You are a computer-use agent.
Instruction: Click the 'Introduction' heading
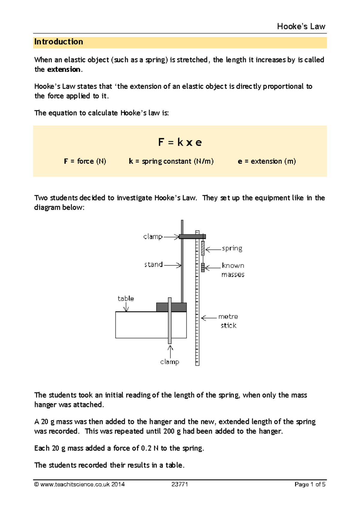[58, 42]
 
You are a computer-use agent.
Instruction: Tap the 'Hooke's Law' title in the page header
[301, 27]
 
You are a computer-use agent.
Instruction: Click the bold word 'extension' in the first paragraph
[64, 69]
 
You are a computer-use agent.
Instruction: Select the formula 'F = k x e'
[180, 142]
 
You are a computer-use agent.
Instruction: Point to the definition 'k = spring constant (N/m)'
[171, 161]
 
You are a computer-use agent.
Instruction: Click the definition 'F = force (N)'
[85, 161]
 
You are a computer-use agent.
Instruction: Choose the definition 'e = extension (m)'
[267, 161]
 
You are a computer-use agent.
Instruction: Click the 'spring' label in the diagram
[232, 248]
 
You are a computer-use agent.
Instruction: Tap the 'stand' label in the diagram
[154, 264]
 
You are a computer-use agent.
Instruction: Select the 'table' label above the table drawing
[126, 299]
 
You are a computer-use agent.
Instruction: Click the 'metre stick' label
[228, 321]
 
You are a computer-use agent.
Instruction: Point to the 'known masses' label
[233, 270]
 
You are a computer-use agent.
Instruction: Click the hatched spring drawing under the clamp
[203, 248]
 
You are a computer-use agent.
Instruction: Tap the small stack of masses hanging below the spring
[203, 267]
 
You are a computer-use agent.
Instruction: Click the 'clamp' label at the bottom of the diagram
[169, 362]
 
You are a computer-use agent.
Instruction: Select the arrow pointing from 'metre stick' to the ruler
[209, 318]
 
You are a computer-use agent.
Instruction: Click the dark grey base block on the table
[172, 307]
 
